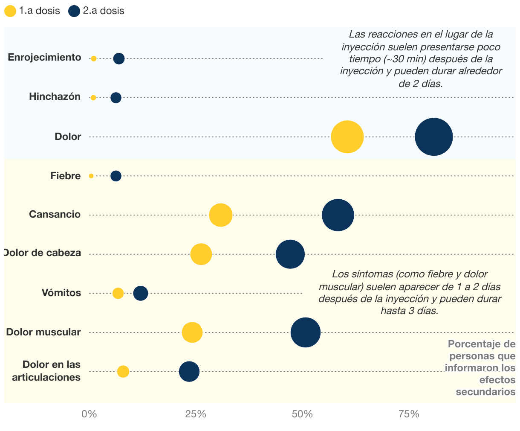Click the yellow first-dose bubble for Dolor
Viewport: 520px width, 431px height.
click(347, 137)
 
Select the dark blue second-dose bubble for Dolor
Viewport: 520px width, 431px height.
click(433, 137)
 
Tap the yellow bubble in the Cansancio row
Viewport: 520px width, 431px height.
click(221, 215)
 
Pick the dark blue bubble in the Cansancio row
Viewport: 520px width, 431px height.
click(338, 215)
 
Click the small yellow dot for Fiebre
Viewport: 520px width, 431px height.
click(91, 176)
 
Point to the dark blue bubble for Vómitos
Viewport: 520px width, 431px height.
click(141, 293)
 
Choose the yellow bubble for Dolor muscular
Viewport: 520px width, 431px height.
click(192, 332)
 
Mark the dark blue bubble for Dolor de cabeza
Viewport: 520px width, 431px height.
click(290, 254)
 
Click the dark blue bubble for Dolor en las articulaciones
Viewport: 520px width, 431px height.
click(189, 372)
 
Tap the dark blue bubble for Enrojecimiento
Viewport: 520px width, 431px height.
click(119, 58)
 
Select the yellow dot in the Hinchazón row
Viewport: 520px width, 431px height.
click(93, 98)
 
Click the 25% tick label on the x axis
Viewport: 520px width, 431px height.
click(196, 414)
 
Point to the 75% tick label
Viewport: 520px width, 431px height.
click(409, 414)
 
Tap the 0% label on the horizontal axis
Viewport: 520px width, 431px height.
click(89, 414)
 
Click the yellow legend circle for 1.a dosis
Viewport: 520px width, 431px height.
click(10, 11)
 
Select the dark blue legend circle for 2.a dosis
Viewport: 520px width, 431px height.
click(74, 11)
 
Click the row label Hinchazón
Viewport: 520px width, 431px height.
click(55, 97)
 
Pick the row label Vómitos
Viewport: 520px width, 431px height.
click(61, 293)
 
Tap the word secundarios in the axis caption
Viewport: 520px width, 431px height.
click(485, 392)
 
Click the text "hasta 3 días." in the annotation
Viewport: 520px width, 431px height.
click(409, 311)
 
